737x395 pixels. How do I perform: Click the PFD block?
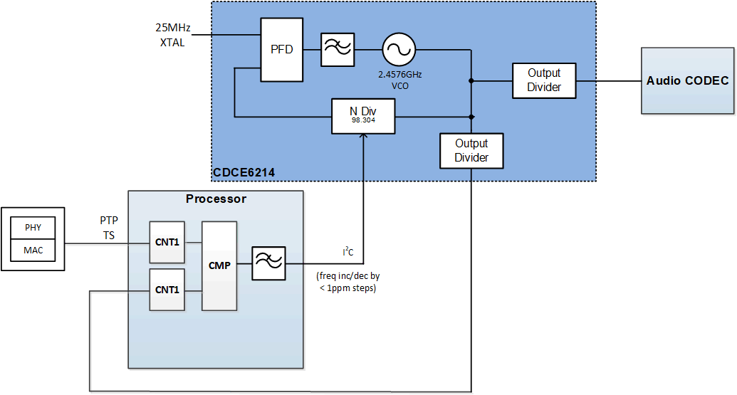click(281, 50)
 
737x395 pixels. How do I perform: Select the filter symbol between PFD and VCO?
click(337, 50)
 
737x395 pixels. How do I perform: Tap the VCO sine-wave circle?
click(399, 50)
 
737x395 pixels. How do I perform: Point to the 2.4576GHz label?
click(404, 74)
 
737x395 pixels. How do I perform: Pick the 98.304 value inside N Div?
click(363, 121)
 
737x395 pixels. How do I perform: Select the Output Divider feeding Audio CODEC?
click(544, 80)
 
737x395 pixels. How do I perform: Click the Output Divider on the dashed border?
click(471, 150)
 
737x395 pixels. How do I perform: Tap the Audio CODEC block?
click(687, 80)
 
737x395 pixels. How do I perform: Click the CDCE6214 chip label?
click(244, 173)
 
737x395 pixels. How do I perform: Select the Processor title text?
click(216, 199)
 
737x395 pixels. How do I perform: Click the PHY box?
click(33, 228)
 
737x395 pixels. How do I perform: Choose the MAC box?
click(33, 250)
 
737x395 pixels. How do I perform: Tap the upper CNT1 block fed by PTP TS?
click(167, 242)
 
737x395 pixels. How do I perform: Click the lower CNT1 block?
click(167, 290)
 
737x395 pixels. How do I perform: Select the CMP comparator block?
click(219, 265)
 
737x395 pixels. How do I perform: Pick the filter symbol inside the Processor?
click(268, 264)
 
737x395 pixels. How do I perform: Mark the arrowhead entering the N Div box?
click(363, 137)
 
